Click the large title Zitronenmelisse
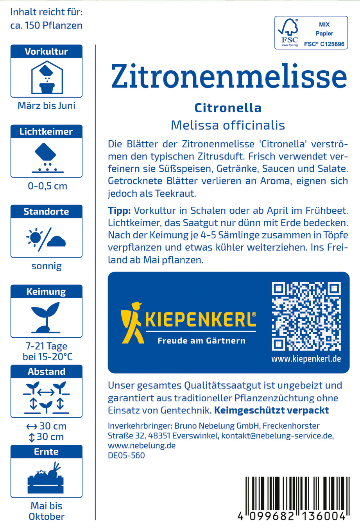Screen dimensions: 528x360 [x=229, y=76]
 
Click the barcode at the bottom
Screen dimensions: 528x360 [x=296, y=496]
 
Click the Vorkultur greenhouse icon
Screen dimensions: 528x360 [x=47, y=78]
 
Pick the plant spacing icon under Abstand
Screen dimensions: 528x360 [x=46, y=397]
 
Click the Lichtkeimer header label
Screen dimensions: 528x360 [x=46, y=132]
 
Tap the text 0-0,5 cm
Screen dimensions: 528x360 [x=47, y=186]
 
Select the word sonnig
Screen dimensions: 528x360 [x=47, y=267]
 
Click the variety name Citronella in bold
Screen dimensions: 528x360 [x=228, y=108]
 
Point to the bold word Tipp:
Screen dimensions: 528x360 [x=119, y=211]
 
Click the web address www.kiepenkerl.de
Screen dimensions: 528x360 [x=306, y=359]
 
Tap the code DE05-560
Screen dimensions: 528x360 [x=126, y=456]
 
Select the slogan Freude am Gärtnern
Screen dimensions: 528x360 [x=201, y=341]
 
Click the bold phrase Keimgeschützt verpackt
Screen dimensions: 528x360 [x=272, y=410]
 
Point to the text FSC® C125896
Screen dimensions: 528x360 [x=324, y=44]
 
